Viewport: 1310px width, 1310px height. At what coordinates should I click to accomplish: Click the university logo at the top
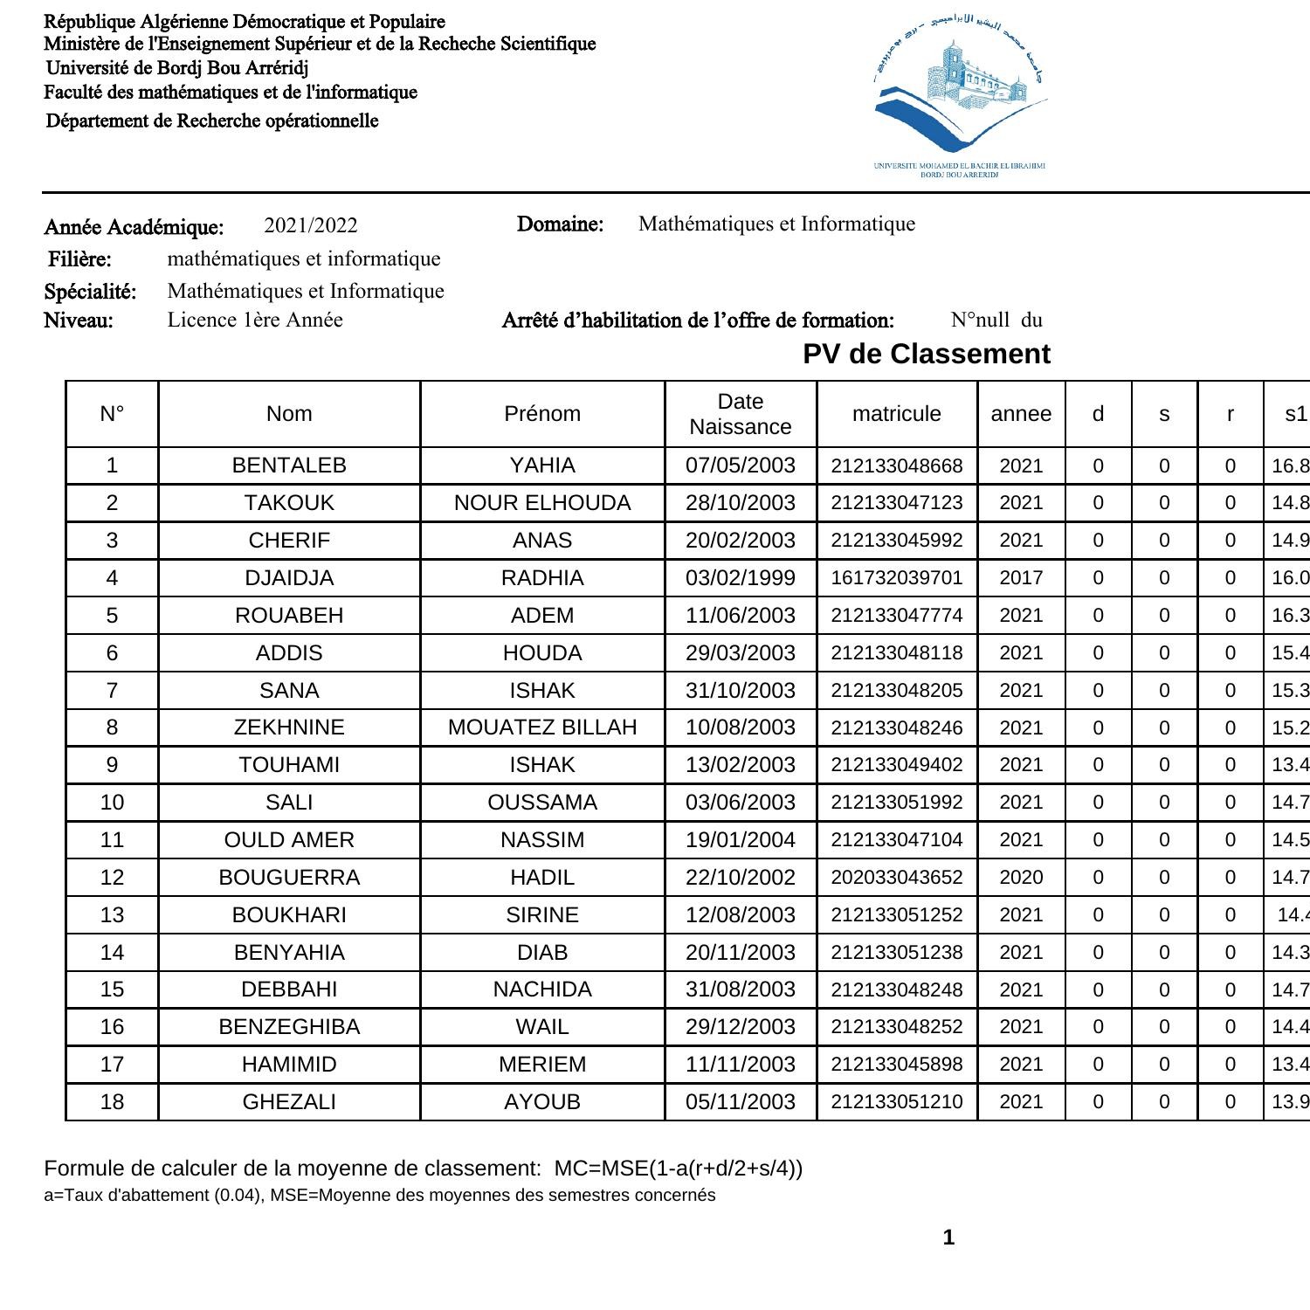click(x=959, y=96)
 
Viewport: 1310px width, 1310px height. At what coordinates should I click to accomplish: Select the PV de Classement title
click(x=926, y=354)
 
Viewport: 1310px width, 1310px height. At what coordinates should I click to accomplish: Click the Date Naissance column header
click(x=740, y=414)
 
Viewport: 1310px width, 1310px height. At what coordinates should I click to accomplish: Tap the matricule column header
click(x=896, y=414)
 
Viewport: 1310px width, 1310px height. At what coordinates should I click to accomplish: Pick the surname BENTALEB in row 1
click(x=289, y=465)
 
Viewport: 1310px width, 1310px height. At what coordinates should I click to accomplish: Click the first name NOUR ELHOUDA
click(x=541, y=503)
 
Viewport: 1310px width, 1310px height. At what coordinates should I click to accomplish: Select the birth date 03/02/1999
click(x=740, y=578)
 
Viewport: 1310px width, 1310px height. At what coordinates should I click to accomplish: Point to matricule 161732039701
click(x=896, y=578)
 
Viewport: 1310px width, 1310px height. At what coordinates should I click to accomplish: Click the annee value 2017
click(x=1020, y=578)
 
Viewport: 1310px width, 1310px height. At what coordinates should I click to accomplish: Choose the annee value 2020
click(x=1020, y=878)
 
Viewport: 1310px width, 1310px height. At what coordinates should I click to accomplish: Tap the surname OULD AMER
click(x=289, y=840)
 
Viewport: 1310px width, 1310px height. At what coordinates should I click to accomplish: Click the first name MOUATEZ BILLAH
click(x=541, y=727)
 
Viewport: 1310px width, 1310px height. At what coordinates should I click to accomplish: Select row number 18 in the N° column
click(x=112, y=1102)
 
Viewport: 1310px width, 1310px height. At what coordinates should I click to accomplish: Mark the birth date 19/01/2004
click(x=740, y=840)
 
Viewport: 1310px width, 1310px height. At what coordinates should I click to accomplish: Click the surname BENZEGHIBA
click(x=289, y=1027)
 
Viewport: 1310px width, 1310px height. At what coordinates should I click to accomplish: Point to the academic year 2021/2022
click(x=311, y=226)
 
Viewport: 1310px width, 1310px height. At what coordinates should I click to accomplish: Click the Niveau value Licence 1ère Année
click(x=255, y=321)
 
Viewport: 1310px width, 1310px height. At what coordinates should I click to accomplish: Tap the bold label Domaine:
click(x=560, y=224)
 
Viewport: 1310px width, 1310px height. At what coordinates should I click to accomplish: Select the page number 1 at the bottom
click(x=948, y=1238)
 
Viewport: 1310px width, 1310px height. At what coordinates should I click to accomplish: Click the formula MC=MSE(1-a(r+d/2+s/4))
click(x=679, y=1169)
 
